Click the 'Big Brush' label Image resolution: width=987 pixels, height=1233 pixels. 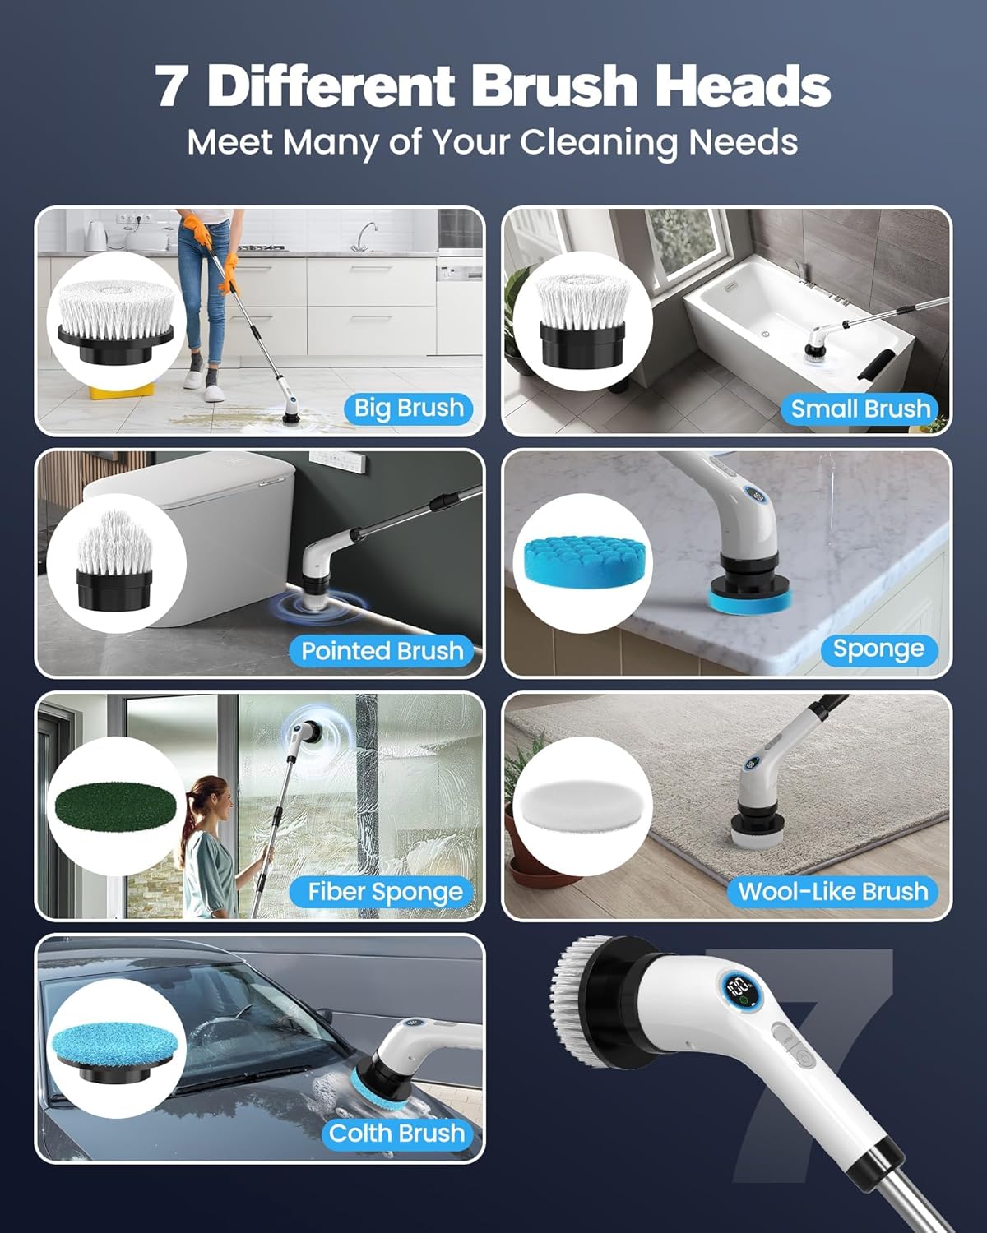(x=409, y=408)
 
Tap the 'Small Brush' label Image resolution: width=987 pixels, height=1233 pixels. (x=860, y=409)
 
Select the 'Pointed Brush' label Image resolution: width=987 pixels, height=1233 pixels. (x=382, y=651)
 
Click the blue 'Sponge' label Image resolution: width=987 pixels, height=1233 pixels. (x=878, y=649)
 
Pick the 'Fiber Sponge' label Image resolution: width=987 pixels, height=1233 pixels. (x=385, y=892)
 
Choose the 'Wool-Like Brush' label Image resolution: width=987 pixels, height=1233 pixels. (x=832, y=892)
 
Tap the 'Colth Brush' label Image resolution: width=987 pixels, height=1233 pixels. (x=397, y=1134)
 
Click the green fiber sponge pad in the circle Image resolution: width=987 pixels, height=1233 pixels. (x=116, y=806)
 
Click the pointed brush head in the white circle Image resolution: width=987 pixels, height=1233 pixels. (x=115, y=561)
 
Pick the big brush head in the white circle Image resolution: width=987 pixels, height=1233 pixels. (x=116, y=321)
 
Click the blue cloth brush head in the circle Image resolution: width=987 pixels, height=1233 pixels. (x=112, y=1048)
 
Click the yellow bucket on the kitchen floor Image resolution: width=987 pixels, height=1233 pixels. (x=122, y=390)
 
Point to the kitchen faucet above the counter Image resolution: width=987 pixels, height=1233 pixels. (x=364, y=235)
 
